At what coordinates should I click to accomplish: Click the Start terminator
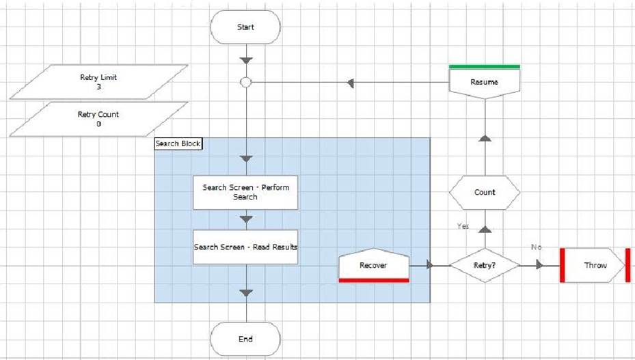(x=245, y=27)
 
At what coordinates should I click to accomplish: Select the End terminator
(x=245, y=339)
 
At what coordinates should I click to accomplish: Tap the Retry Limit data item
(x=98, y=82)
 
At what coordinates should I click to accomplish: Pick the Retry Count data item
(x=98, y=119)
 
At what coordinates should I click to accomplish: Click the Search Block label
(x=178, y=143)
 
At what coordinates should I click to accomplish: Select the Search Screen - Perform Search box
(x=245, y=193)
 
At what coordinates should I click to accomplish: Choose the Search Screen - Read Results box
(x=245, y=247)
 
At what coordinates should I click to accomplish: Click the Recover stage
(x=374, y=265)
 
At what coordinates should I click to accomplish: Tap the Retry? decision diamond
(x=485, y=265)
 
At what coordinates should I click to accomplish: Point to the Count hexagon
(x=485, y=193)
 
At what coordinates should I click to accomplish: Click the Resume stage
(x=485, y=82)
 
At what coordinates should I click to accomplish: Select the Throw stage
(x=595, y=265)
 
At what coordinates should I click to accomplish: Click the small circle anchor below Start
(x=246, y=83)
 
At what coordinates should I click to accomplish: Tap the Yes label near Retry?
(x=463, y=226)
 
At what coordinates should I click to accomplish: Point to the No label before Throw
(x=536, y=247)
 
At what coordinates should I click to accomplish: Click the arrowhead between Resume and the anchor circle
(x=351, y=83)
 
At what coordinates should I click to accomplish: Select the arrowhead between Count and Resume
(x=485, y=138)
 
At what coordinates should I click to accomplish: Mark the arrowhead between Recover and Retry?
(x=430, y=265)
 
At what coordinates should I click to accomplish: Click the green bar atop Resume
(x=485, y=67)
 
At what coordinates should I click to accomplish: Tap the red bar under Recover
(x=374, y=280)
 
